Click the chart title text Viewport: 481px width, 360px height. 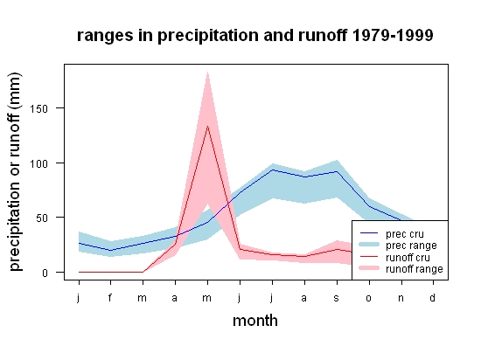pyautogui.click(x=254, y=36)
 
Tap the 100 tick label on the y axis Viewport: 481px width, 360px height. pyautogui.click(x=39, y=163)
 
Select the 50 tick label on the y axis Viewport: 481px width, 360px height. pyautogui.click(x=42, y=218)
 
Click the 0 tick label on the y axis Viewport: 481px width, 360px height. pyautogui.click(x=45, y=273)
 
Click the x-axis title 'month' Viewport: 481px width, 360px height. pyautogui.click(x=255, y=321)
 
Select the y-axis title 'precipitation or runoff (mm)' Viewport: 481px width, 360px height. pyautogui.click(x=15, y=172)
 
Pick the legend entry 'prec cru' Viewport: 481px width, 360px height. pyautogui.click(x=405, y=234)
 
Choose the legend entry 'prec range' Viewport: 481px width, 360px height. pyautogui.click(x=411, y=246)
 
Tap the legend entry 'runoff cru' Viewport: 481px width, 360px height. pyautogui.click(x=408, y=258)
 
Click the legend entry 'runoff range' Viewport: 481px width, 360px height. pyautogui.click(x=415, y=269)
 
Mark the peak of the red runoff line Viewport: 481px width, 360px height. pyautogui.click(x=207, y=126)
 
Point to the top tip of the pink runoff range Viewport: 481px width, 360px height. pyautogui.click(x=207, y=72)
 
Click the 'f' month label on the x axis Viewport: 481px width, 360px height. pyautogui.click(x=110, y=297)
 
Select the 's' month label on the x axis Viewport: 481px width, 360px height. pyautogui.click(x=337, y=298)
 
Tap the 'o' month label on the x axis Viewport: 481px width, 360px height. pyautogui.click(x=369, y=298)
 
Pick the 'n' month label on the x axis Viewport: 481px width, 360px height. pyautogui.click(x=401, y=298)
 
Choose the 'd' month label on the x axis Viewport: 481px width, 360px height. pyautogui.click(x=433, y=297)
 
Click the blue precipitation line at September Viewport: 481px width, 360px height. pyautogui.click(x=337, y=171)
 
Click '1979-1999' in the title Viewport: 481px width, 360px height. pyautogui.click(x=393, y=36)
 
